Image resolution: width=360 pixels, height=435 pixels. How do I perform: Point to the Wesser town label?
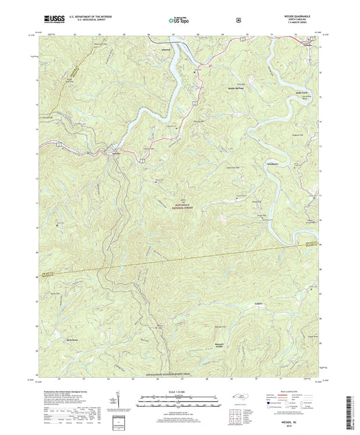(115, 154)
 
